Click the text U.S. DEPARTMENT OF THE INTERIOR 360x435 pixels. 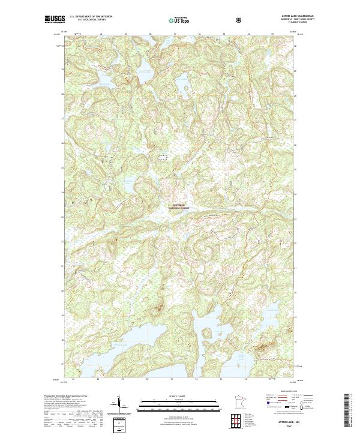(90, 17)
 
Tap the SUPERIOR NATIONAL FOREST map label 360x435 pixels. (179, 206)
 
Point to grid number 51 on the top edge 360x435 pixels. (175, 34)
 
